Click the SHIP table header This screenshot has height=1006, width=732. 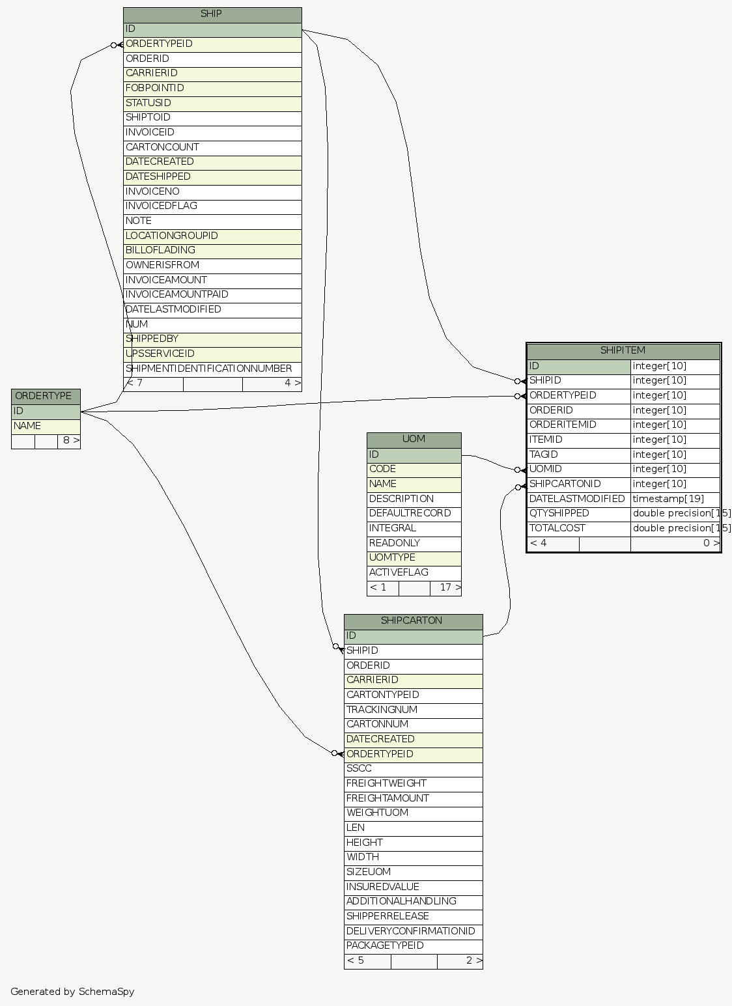(212, 14)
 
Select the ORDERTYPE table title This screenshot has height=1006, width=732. (46, 396)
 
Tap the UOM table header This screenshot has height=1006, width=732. (414, 440)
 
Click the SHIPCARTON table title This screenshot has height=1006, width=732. (413, 621)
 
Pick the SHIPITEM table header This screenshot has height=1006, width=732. (623, 351)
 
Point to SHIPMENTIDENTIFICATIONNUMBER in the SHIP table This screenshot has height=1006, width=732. (208, 369)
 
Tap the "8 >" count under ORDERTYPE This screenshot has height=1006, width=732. (70, 441)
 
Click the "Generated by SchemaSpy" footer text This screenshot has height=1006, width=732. (72, 992)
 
